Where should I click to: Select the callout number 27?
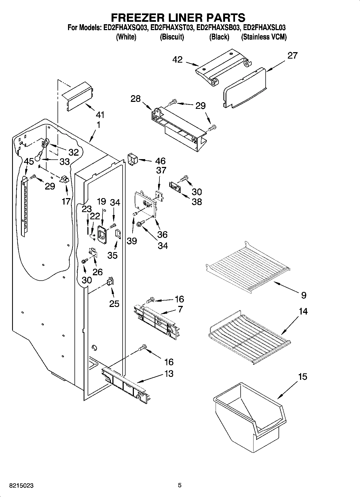tap(293, 55)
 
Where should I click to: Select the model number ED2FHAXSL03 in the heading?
tap(264, 27)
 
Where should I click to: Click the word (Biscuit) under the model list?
tap(172, 37)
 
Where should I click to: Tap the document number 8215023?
tap(21, 486)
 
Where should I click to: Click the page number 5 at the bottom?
tap(180, 485)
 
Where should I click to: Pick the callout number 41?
tap(100, 115)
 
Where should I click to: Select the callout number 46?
tap(160, 161)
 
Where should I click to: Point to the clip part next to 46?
tap(132, 159)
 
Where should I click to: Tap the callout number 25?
tap(114, 304)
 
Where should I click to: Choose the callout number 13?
tap(169, 374)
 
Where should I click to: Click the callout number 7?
tap(180, 309)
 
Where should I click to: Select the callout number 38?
tap(197, 202)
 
